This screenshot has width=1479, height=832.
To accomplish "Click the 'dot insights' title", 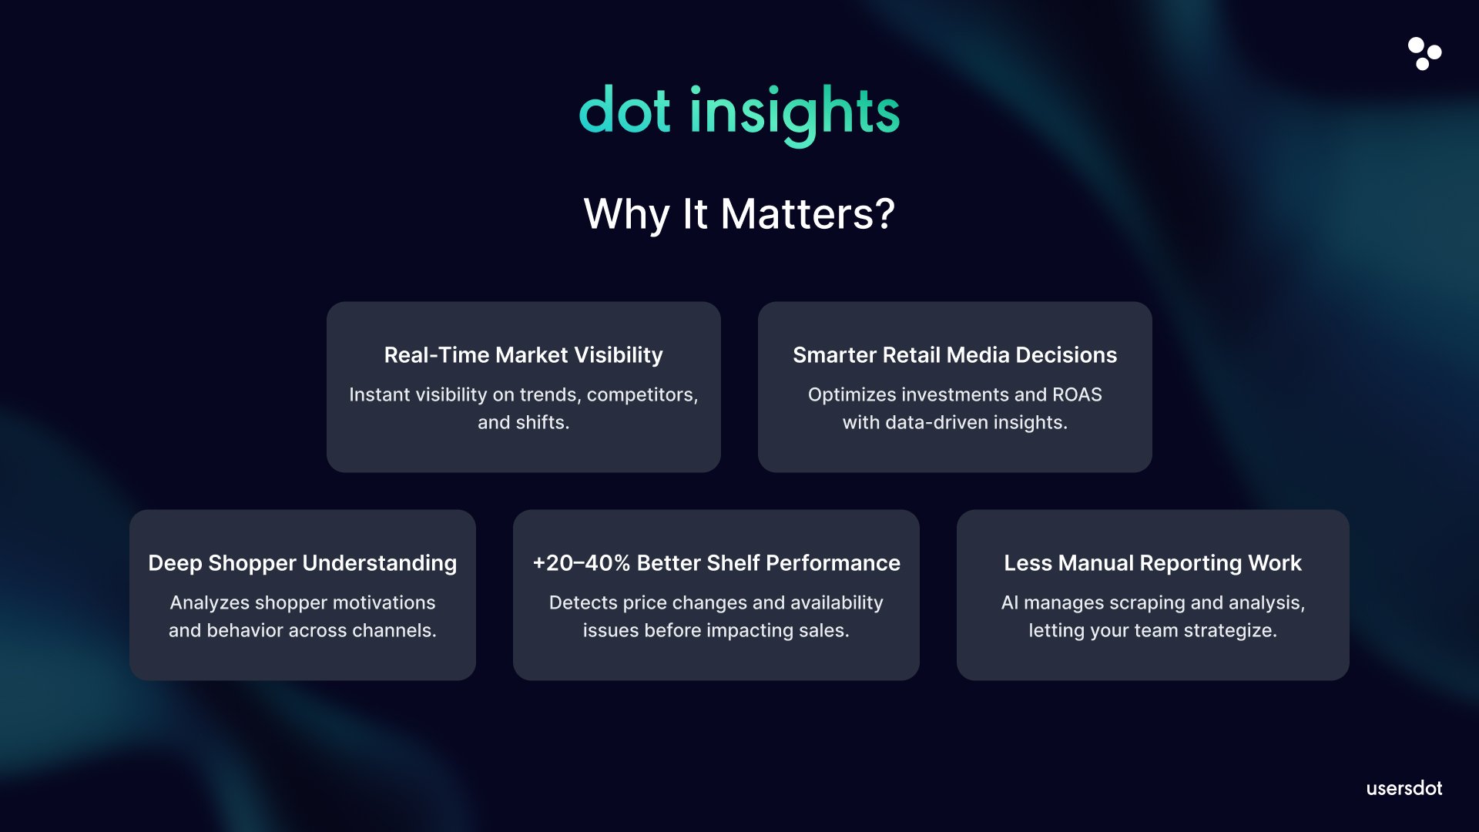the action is [739, 114].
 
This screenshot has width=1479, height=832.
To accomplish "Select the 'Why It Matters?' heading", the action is [739, 213].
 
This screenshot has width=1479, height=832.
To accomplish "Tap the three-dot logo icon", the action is [1424, 53].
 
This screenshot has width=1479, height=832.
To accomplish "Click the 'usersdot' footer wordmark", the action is [1404, 788].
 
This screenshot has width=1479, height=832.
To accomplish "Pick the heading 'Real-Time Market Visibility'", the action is [524, 355].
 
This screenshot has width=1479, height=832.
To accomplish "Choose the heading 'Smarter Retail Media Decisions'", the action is [955, 355].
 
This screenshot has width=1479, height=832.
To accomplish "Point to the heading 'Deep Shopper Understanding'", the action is [303, 563].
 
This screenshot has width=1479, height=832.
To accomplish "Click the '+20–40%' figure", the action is [582, 563].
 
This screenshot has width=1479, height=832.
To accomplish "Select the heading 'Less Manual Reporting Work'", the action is [1153, 563].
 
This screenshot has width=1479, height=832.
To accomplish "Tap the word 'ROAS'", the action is [1077, 394].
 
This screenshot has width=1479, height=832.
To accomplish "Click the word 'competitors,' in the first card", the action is [642, 395].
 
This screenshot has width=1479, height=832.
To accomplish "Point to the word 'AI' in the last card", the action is [1010, 602].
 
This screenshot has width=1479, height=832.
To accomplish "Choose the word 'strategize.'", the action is [1230, 631].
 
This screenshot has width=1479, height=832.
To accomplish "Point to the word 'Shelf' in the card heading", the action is [733, 563].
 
